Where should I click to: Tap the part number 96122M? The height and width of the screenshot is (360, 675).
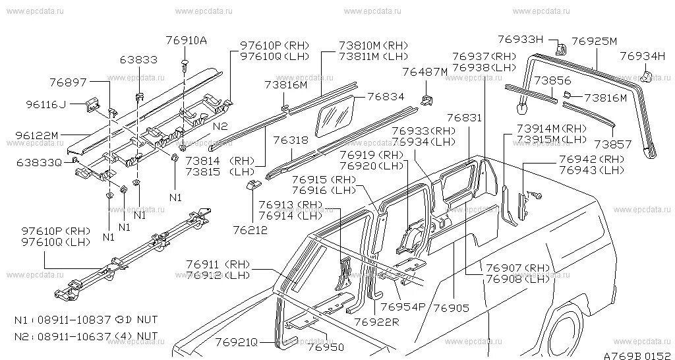click(x=38, y=135)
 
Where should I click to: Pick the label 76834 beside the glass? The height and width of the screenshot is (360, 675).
click(x=385, y=96)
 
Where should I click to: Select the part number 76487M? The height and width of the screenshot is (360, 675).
click(x=425, y=71)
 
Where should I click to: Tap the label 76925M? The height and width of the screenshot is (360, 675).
click(x=594, y=42)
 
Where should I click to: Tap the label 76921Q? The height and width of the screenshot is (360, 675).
click(x=236, y=342)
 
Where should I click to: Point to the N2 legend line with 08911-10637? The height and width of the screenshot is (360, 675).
click(x=86, y=336)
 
